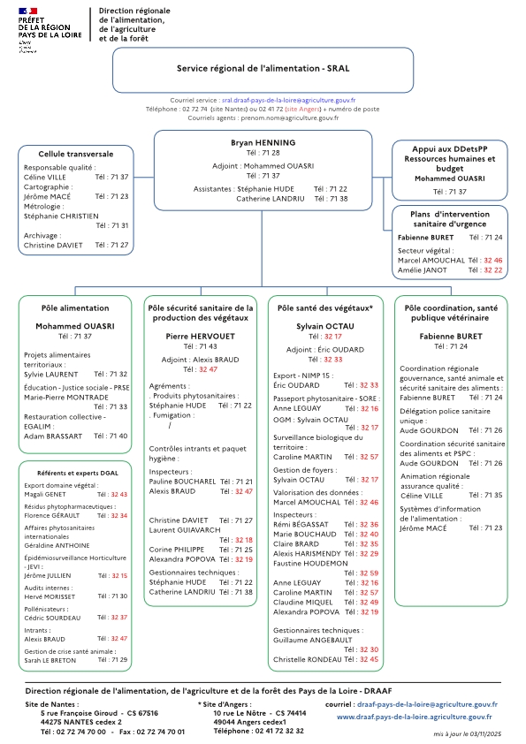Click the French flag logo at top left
tap(27, 9)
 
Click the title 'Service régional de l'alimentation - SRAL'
tap(263, 68)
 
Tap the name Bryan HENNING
tap(263, 142)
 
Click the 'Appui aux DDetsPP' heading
tap(450, 149)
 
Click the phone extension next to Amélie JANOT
tap(492, 270)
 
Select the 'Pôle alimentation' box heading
tap(75, 308)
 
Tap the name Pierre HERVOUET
tap(200, 337)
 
